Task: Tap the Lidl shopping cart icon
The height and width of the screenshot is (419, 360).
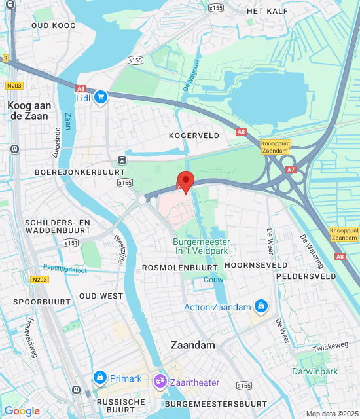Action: pyautogui.click(x=100, y=98)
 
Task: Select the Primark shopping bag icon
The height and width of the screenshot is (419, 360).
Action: pyautogui.click(x=100, y=378)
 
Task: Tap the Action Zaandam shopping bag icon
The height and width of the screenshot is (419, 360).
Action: pyautogui.click(x=261, y=306)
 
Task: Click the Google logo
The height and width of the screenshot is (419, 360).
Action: pyautogui.click(x=22, y=411)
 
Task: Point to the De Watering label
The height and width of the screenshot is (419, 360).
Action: pyautogui.click(x=312, y=252)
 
